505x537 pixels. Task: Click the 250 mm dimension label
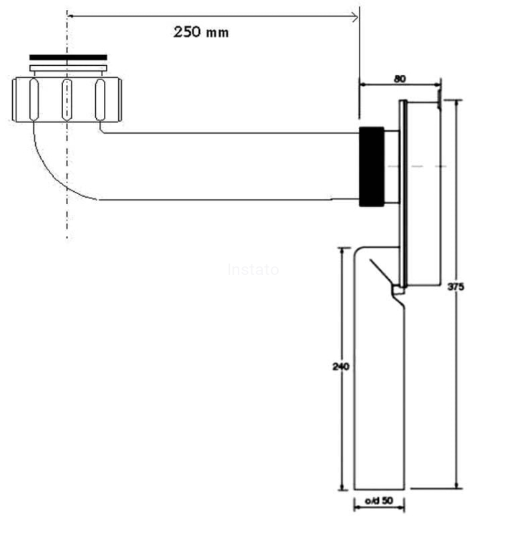(x=201, y=32)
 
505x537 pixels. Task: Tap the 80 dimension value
(x=400, y=79)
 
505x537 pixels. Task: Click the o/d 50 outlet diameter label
(x=380, y=501)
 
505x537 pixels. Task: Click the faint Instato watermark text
(x=253, y=270)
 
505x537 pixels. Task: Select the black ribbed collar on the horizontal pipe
(x=372, y=166)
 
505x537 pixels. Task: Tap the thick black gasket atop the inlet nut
(x=68, y=57)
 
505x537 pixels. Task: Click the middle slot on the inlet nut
(x=67, y=99)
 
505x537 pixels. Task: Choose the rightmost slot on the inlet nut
(x=100, y=99)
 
